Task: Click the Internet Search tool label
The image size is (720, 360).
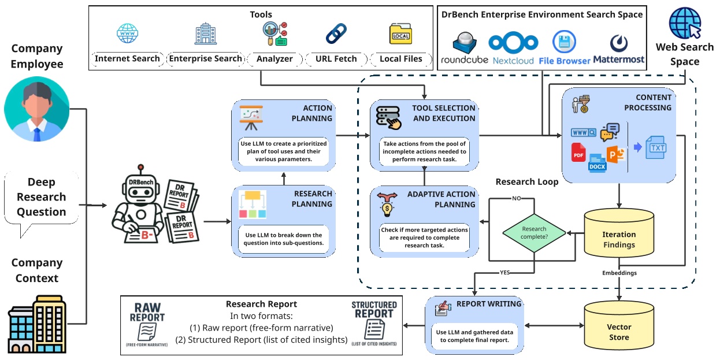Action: click(127, 58)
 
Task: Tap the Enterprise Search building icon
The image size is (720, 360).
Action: click(205, 35)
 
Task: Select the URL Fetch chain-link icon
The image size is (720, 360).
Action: click(336, 34)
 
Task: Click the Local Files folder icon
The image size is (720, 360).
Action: click(400, 34)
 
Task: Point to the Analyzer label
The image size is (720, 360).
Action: click(274, 58)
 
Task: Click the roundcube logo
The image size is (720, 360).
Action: click(465, 47)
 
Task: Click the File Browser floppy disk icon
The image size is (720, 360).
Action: click(564, 42)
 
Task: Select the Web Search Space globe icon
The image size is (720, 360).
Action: click(685, 23)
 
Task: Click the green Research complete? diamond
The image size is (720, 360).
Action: click(535, 233)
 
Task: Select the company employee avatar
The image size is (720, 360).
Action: click(36, 109)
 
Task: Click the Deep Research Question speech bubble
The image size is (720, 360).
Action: click(40, 199)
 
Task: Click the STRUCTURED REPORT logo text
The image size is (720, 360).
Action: click(374, 310)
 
